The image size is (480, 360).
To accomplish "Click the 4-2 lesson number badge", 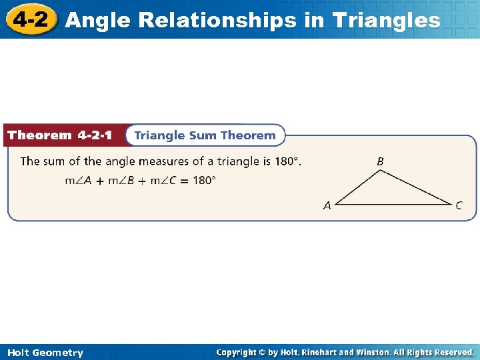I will coord(30,19).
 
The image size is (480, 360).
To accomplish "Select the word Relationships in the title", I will coord(211,20).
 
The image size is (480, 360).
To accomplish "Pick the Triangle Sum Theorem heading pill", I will coord(205,135).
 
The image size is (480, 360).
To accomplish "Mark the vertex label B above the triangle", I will coord(380,161).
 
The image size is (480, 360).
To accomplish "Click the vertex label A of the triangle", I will coord(327,206).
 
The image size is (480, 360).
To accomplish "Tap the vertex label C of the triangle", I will coord(459,205).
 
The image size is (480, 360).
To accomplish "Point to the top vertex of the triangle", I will coord(380,171).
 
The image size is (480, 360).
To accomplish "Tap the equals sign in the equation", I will coord(183,180).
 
